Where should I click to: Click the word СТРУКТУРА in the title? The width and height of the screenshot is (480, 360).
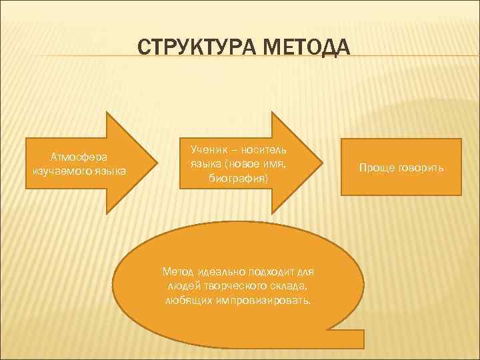(x=193, y=49)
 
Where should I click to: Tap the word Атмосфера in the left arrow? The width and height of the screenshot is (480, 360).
(x=79, y=157)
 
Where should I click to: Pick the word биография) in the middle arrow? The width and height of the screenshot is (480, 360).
(x=238, y=179)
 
